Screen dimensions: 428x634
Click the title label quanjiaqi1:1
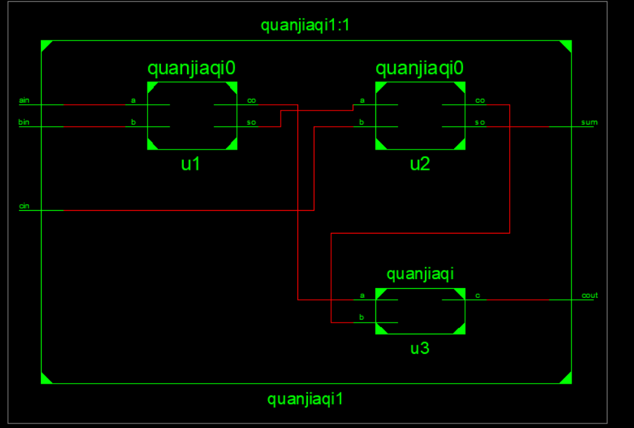[x=305, y=26]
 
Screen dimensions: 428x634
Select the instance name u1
[x=190, y=164]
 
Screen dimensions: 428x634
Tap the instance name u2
[x=420, y=164]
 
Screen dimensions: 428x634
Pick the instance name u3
[x=420, y=349]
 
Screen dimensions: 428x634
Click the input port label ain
[x=24, y=100]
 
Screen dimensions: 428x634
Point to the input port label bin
[x=24, y=122]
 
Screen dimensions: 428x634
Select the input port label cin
[x=24, y=206]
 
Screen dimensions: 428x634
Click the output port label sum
[x=589, y=122]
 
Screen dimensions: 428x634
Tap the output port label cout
[x=589, y=296]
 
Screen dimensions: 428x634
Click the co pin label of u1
[x=251, y=101]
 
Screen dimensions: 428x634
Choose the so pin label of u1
[x=251, y=122]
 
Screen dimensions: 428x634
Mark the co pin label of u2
[x=480, y=101]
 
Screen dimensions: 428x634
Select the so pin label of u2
[x=480, y=122]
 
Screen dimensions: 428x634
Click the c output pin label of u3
[x=477, y=296]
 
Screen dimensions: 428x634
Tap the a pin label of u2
[x=362, y=101]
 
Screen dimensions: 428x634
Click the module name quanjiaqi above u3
[x=420, y=274]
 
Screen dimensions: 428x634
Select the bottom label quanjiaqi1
[x=305, y=399]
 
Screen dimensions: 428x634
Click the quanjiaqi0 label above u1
[x=191, y=68]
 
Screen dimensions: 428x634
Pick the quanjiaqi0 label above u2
[x=420, y=68]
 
